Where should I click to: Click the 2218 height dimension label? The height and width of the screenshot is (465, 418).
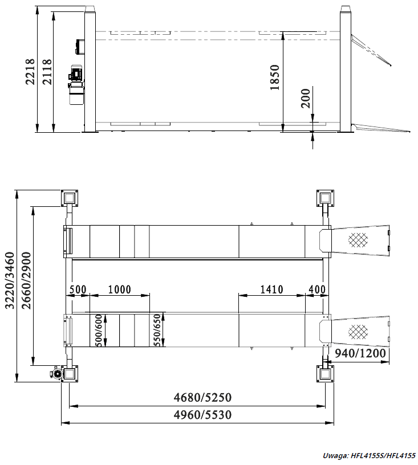(x=30, y=72)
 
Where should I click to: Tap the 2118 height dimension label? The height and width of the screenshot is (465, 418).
(x=47, y=72)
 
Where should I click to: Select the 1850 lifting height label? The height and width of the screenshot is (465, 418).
(x=275, y=77)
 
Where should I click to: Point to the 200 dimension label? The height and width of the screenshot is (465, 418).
(x=305, y=98)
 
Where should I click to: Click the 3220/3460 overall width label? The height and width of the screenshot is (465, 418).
(x=10, y=280)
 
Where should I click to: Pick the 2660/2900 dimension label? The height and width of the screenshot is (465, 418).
(x=26, y=280)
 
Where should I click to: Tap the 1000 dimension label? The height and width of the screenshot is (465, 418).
(x=119, y=289)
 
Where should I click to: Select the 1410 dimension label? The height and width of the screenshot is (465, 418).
(x=271, y=289)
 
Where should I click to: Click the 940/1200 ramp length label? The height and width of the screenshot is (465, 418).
(x=360, y=353)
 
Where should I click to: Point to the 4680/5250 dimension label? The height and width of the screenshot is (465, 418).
(x=202, y=397)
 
